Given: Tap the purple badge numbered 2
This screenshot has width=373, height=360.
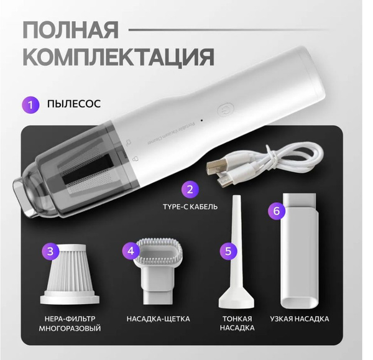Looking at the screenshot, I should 191,189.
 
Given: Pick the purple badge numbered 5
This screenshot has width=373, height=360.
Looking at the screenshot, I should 229,251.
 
